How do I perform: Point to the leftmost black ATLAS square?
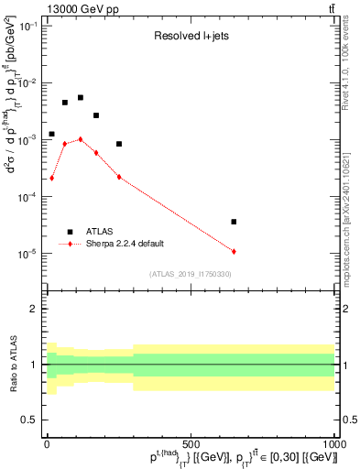52,134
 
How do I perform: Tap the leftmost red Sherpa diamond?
52,178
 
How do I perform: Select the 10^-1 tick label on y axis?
29,26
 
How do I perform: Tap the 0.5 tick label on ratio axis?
32,420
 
